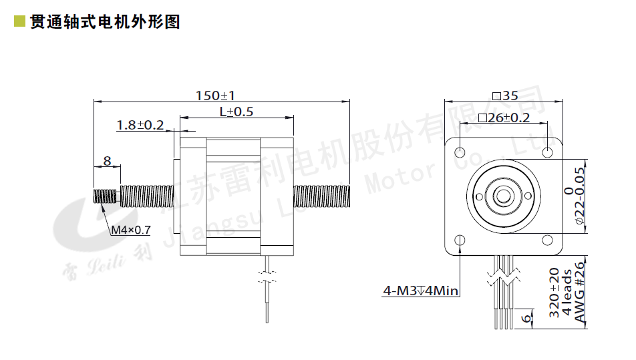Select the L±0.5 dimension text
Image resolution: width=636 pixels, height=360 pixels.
pos(236,112)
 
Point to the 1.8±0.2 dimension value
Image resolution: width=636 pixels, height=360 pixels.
pos(140,125)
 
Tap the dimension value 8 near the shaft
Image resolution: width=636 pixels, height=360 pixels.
pos(107,160)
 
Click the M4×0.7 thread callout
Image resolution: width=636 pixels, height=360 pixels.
pos(131,230)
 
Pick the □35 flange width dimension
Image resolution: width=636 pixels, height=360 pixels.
pos(505,95)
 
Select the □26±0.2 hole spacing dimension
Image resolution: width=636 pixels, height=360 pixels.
pos(504,118)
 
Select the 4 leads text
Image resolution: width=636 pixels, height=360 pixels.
pos(567,294)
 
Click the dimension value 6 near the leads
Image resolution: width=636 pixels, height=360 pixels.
pos(528,319)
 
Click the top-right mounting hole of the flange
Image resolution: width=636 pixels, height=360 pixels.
pos(548,152)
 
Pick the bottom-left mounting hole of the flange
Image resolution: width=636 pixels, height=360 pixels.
pos(460,240)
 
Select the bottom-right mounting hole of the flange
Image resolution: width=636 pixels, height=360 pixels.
pos(548,240)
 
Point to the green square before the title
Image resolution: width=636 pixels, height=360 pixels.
pos(20,21)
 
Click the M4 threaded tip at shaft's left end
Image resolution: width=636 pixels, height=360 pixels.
pos(104,197)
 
